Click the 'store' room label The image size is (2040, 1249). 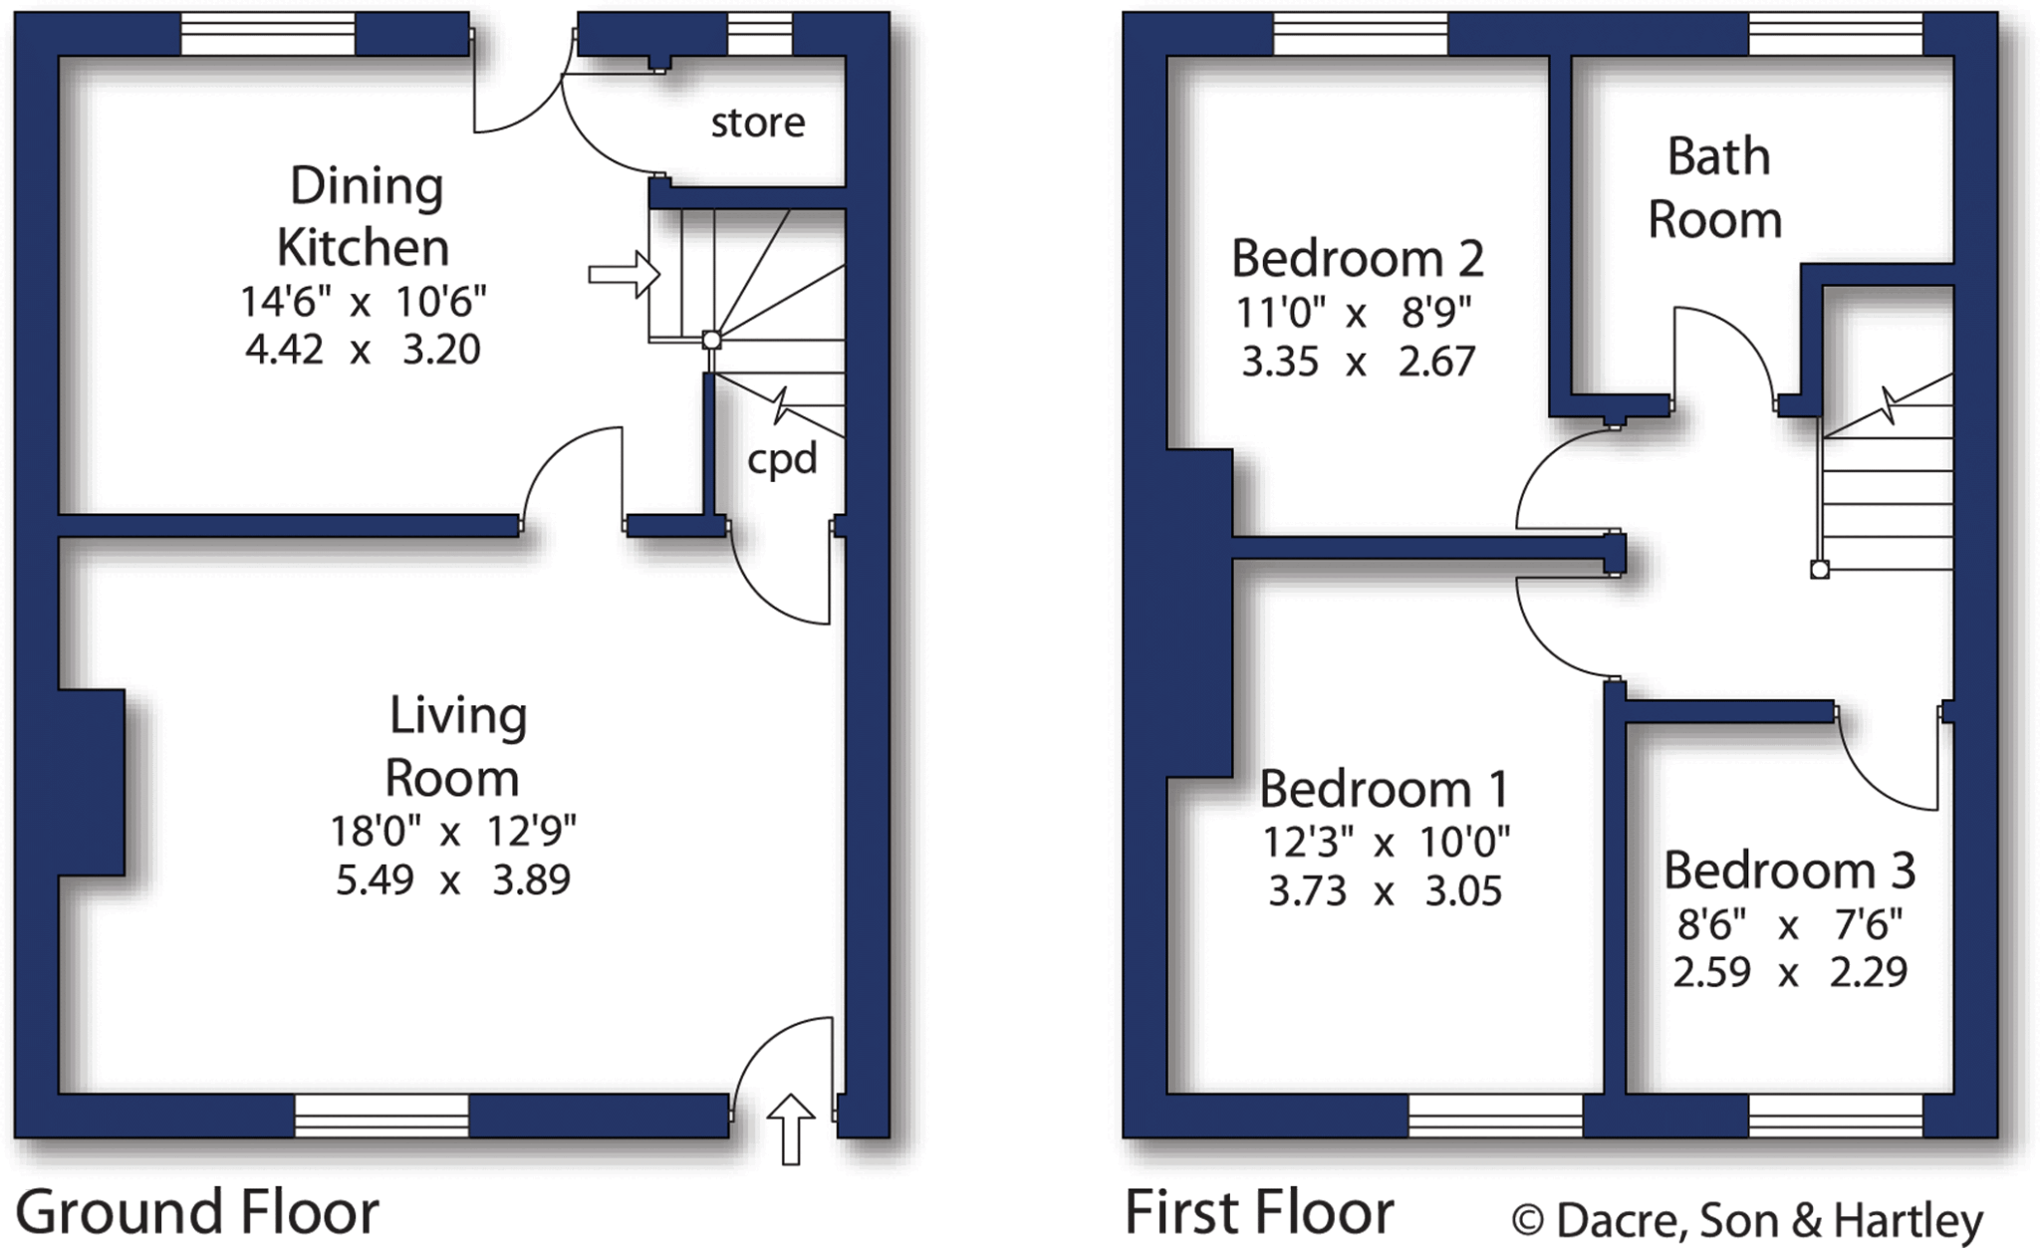point(757,123)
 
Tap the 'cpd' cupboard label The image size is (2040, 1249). point(782,458)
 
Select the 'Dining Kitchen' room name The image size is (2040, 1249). point(365,217)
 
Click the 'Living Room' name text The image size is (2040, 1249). point(455,746)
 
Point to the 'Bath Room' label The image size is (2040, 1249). point(1715,188)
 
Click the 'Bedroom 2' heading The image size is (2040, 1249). point(1357,259)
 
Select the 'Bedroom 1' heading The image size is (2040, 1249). point(1384,790)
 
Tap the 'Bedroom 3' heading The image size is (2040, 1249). point(1789,872)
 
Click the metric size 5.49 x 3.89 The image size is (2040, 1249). point(452,880)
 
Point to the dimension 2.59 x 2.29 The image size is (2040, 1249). point(1789,972)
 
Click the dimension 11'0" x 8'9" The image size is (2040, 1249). point(1354,314)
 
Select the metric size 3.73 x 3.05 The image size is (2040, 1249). point(1384,890)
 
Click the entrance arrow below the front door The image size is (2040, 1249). point(791,1127)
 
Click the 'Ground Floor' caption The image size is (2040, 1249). point(197,1212)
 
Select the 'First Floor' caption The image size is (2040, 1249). point(1259,1212)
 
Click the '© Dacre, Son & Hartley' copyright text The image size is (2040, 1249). point(1747,1220)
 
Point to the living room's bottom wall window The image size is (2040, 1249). point(382,1117)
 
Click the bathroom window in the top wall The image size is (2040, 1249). point(1836,34)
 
